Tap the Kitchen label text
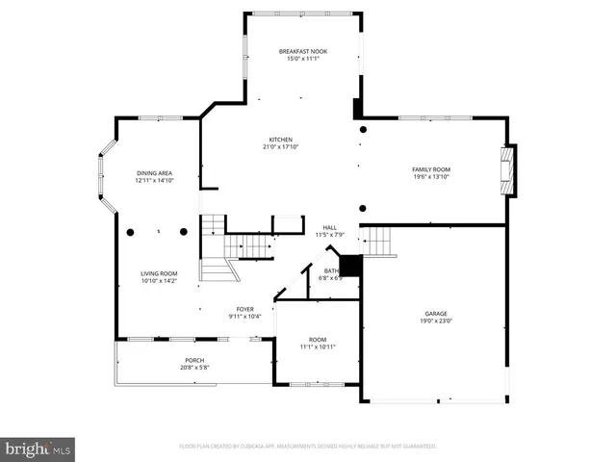tap(280, 140)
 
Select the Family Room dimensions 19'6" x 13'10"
tap(431, 177)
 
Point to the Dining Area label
tap(154, 172)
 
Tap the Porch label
tap(195, 360)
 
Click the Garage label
tap(436, 314)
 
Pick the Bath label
tap(331, 270)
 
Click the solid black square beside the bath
tap(350, 266)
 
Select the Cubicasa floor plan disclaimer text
tap(308, 447)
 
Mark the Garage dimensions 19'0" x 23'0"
tap(436, 321)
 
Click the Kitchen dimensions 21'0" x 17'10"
tap(280, 147)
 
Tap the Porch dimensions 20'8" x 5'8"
tap(195, 368)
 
